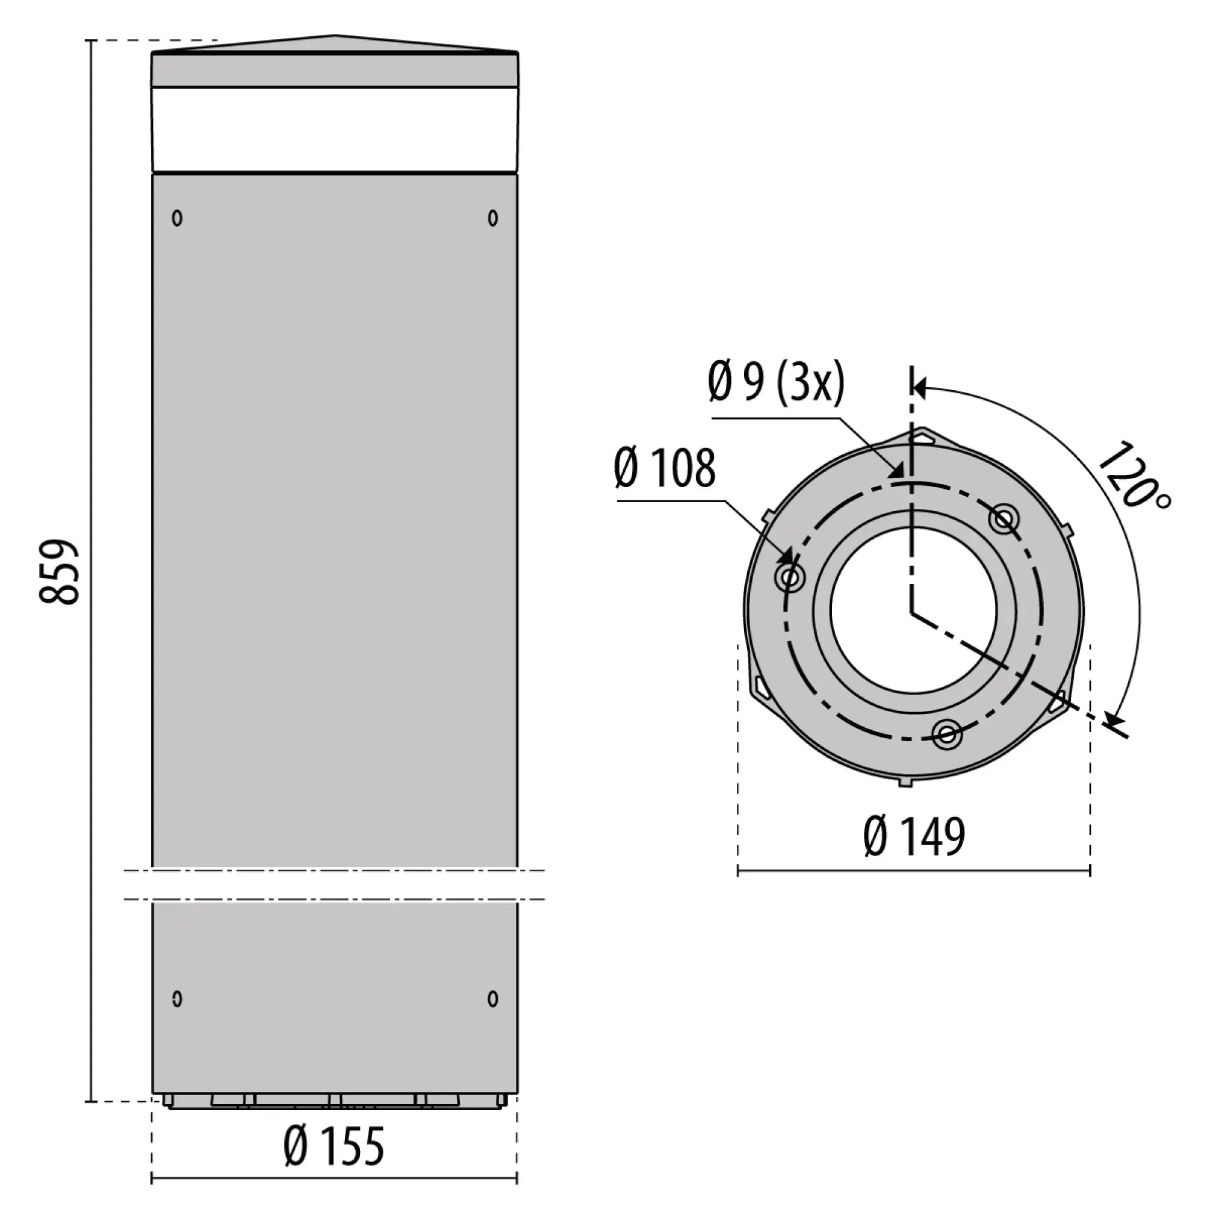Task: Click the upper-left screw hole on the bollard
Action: pos(177,217)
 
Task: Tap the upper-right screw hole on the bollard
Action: pos(493,217)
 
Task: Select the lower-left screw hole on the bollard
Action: pos(177,998)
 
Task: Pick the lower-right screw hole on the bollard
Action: pos(493,998)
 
